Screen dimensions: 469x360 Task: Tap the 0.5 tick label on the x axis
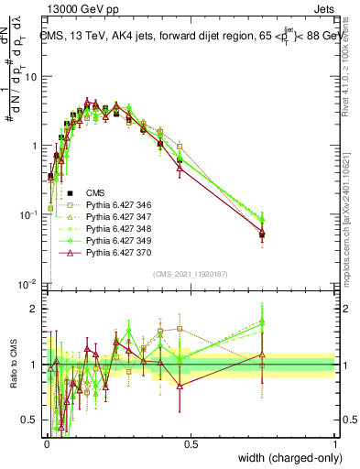(x=191, y=442)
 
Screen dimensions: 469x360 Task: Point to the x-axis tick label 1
(x=335, y=442)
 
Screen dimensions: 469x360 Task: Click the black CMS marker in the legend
(x=71, y=192)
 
